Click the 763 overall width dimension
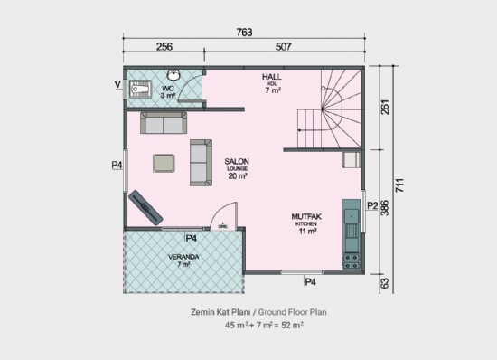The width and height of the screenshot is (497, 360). [x=244, y=33]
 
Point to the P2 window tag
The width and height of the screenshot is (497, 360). [x=370, y=206]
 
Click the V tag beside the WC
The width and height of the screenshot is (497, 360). [x=117, y=85]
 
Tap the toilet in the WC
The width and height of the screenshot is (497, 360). [x=138, y=89]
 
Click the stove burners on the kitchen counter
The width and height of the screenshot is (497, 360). [x=349, y=218]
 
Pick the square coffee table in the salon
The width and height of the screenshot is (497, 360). [x=164, y=162]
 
